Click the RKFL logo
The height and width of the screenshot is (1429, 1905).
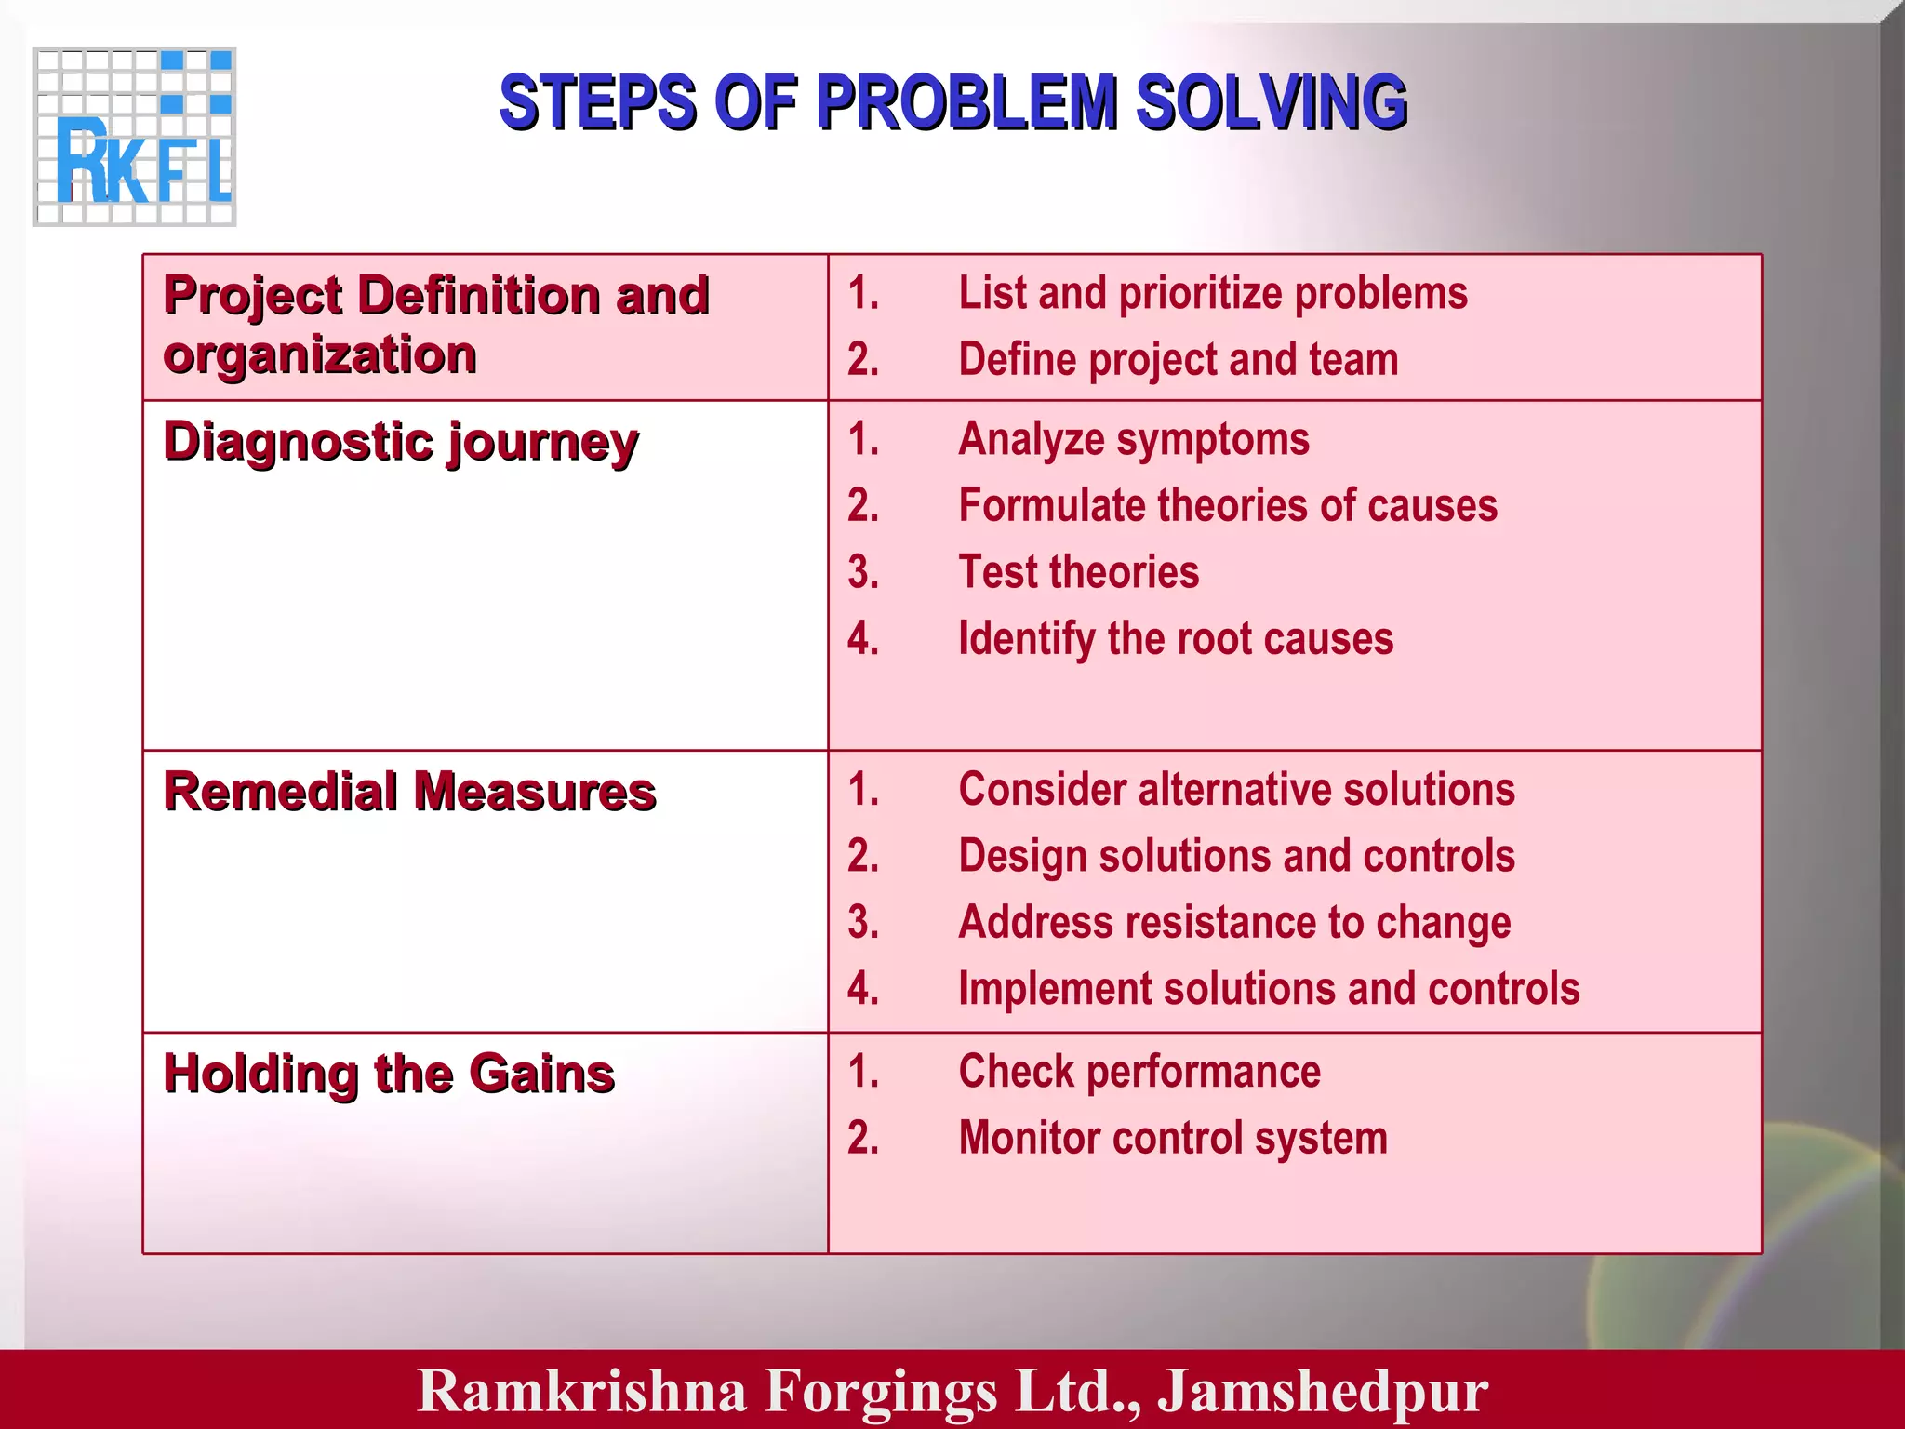(x=135, y=137)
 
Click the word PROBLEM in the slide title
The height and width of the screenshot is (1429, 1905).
(x=966, y=102)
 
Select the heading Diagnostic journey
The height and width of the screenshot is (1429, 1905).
(x=401, y=441)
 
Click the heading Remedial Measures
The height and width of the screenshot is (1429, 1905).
(x=409, y=792)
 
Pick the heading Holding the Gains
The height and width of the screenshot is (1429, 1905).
(x=389, y=1074)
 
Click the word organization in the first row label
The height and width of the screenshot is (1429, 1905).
(x=320, y=355)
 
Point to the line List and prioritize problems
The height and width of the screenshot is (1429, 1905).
(x=1212, y=294)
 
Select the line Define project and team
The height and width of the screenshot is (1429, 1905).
(x=1178, y=360)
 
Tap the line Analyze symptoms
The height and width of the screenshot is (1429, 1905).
(x=1133, y=439)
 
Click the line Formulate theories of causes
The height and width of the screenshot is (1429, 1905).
(x=1228, y=506)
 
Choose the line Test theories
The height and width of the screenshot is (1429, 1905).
(x=1078, y=572)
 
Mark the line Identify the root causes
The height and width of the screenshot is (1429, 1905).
(x=1176, y=639)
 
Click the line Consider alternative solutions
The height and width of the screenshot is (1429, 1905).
(x=1236, y=790)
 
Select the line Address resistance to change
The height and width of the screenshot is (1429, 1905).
(x=1234, y=923)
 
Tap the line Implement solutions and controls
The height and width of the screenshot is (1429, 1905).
(x=1269, y=989)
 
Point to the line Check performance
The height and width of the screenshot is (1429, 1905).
(x=1139, y=1072)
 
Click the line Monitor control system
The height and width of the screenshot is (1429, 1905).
(x=1173, y=1139)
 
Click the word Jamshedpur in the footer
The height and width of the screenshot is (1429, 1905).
(x=1322, y=1391)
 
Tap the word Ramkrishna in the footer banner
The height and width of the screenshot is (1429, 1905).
(x=582, y=1391)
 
